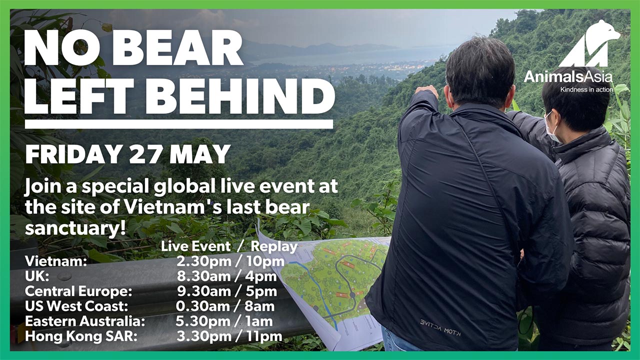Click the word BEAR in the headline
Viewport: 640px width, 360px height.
[x=177, y=47]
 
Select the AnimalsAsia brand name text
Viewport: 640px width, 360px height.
[x=568, y=76]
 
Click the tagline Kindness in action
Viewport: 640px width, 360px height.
[x=586, y=89]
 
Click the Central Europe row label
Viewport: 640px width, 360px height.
[x=78, y=291]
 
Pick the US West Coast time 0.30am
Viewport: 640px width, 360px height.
[x=202, y=306]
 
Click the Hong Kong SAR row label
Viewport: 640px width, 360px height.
[x=81, y=336]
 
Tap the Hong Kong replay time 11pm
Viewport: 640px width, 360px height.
[x=264, y=336]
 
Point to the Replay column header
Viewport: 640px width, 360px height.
[x=274, y=246]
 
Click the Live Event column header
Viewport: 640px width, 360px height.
[x=195, y=246]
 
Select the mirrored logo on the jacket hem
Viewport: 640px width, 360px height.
[x=440, y=327]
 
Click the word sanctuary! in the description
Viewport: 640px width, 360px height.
[x=75, y=228]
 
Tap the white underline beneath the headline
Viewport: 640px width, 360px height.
[x=179, y=124]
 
